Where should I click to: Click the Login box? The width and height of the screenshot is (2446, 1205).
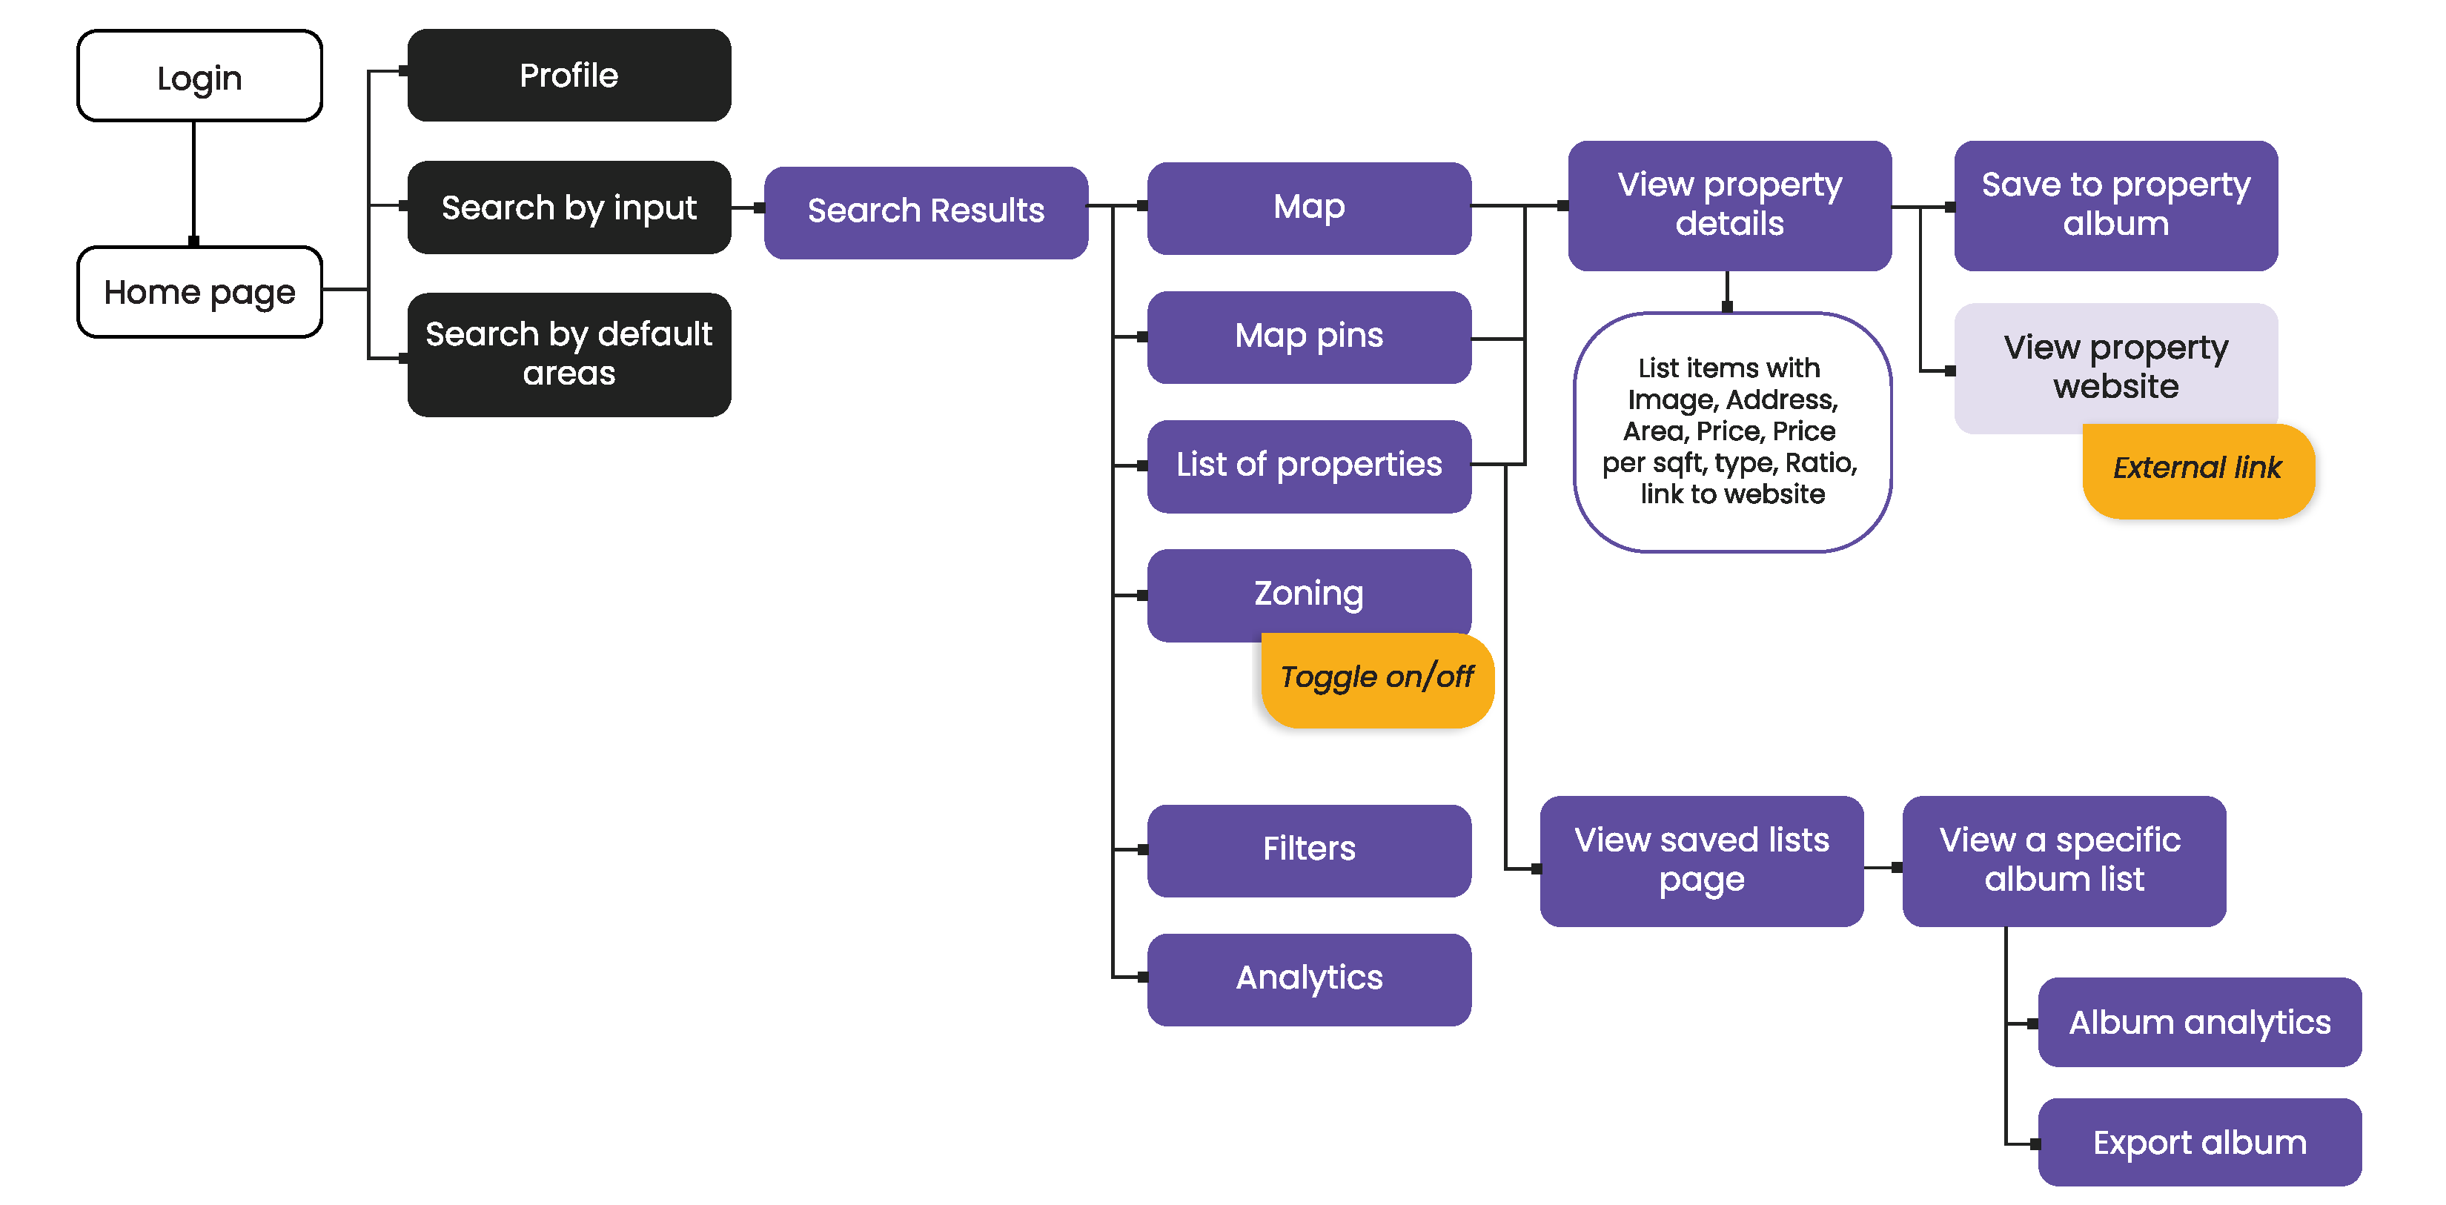(199, 76)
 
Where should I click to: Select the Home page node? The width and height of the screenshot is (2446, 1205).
(199, 291)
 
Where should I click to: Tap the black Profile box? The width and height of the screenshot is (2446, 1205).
(569, 75)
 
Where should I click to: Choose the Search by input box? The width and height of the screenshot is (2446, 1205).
(569, 207)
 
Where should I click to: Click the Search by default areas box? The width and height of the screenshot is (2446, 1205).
(569, 353)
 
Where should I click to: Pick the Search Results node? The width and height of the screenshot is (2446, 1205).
(926, 210)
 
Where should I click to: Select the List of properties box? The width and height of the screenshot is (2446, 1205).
(1308, 465)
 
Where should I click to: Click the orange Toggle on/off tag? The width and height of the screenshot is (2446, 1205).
(1377, 678)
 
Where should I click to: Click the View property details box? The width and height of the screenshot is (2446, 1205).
(1729, 204)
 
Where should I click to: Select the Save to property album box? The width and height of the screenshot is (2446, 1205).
(2115, 204)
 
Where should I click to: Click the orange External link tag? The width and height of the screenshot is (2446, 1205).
(2197, 469)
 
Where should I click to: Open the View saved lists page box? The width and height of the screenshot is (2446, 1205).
(1700, 860)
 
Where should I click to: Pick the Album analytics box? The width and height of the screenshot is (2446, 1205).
(2199, 1022)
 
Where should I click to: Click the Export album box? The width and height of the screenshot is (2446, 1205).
(2199, 1141)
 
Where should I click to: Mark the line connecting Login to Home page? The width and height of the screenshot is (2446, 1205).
(193, 180)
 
